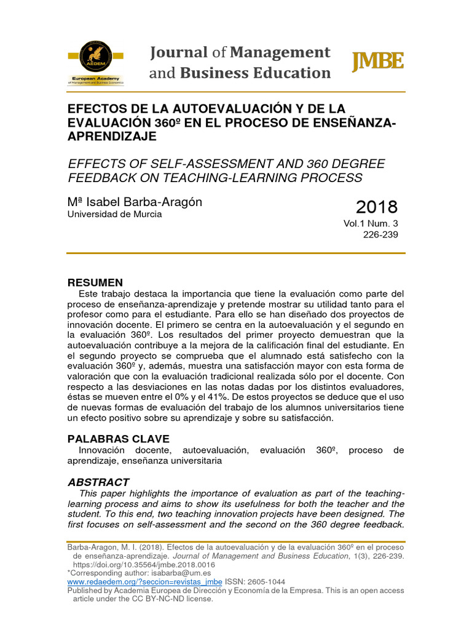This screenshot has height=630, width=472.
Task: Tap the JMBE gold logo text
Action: [x=377, y=62]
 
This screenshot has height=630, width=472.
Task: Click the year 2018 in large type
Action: [x=377, y=207]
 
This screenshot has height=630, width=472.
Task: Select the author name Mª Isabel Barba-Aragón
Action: [x=135, y=202]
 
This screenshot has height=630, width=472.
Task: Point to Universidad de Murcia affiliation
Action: [x=114, y=214]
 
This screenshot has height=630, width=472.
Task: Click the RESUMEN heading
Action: [x=95, y=282]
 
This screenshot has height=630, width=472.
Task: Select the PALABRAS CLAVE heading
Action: [x=118, y=439]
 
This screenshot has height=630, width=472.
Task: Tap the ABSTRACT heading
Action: [x=98, y=482]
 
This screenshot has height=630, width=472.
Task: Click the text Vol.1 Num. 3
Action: [x=371, y=224]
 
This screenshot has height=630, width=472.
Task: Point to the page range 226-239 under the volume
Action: [x=381, y=236]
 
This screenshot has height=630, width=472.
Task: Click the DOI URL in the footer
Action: [x=144, y=564]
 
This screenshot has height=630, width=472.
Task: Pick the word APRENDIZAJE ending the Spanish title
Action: [x=112, y=137]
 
